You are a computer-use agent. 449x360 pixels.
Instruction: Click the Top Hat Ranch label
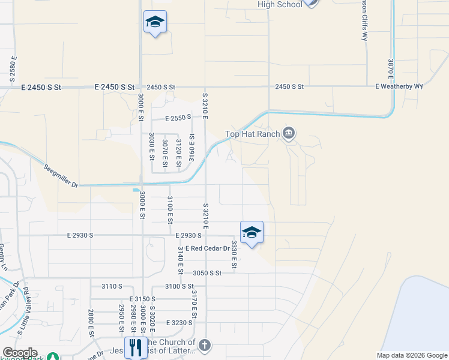pyautogui.click(x=252, y=134)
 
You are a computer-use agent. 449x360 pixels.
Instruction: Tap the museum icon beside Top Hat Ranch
pyautogui.click(x=289, y=133)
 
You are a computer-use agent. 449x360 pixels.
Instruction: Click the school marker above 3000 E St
pyautogui.click(x=155, y=22)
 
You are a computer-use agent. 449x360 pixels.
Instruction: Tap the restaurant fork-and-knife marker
pyautogui.click(x=136, y=347)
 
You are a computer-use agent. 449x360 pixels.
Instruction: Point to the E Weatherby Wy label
pyautogui.click(x=399, y=86)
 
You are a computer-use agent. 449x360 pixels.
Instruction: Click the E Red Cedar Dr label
pyautogui.click(x=208, y=248)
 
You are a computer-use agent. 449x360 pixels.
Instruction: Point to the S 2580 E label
pyautogui.click(x=12, y=69)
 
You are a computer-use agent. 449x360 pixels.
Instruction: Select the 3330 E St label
pyautogui.click(x=234, y=254)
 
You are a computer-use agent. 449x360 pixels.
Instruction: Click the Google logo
pyautogui.click(x=19, y=353)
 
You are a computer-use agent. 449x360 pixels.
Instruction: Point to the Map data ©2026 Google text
pyautogui.click(x=411, y=355)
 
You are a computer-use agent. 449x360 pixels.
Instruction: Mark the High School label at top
pyautogui.click(x=280, y=4)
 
